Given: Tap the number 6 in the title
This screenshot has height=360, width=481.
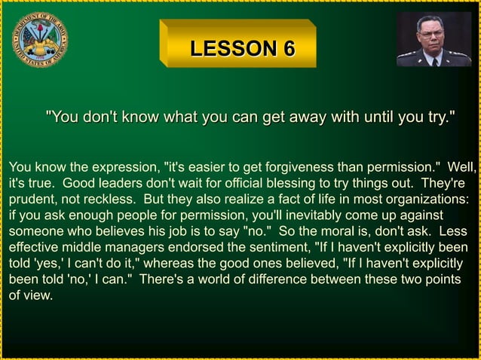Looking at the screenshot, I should click(x=287, y=50).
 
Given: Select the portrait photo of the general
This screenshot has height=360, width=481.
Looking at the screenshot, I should click(x=434, y=39).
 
